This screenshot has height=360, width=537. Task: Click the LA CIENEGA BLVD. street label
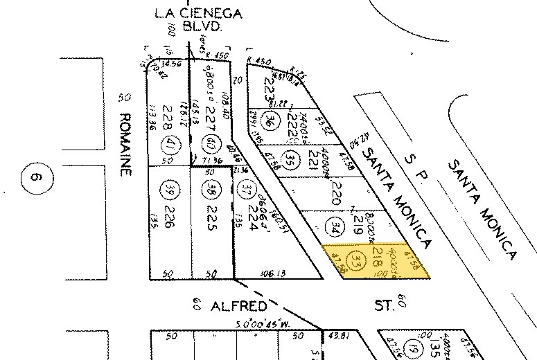tap(188, 19)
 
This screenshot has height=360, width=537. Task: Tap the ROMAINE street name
tap(125, 145)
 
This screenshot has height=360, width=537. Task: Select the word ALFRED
tap(228, 304)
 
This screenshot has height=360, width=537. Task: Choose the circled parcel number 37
tap(245, 188)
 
